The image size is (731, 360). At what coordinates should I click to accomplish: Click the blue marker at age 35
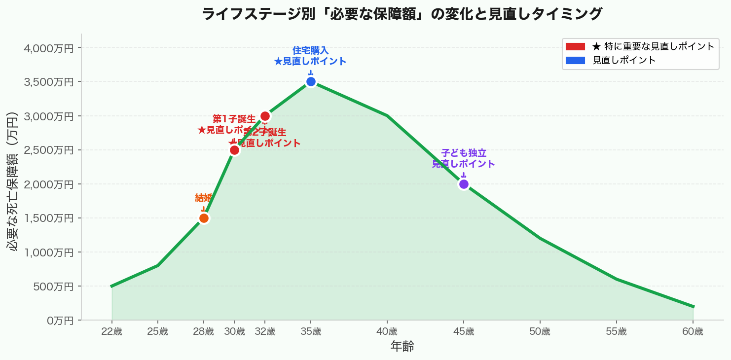[x=311, y=82]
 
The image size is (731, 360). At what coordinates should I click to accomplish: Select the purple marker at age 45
[x=464, y=184]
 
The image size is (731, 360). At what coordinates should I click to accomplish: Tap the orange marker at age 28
[x=204, y=218]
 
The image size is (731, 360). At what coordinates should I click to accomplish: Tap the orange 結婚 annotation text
[x=204, y=198]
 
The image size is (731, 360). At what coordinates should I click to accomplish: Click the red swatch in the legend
[x=575, y=47]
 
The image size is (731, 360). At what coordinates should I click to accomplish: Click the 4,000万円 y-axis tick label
[x=48, y=48]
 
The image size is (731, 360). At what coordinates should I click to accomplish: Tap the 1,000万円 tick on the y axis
[x=48, y=252]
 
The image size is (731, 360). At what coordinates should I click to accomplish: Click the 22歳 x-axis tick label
[x=111, y=332]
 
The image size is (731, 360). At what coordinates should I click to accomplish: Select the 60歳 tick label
[x=693, y=332]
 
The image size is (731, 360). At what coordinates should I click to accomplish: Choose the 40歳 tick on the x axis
[x=387, y=332]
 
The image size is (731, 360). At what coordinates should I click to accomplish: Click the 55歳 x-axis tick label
[x=616, y=332]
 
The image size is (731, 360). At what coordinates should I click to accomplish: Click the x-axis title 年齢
[x=402, y=347]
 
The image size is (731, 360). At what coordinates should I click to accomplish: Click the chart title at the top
[x=402, y=14]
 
